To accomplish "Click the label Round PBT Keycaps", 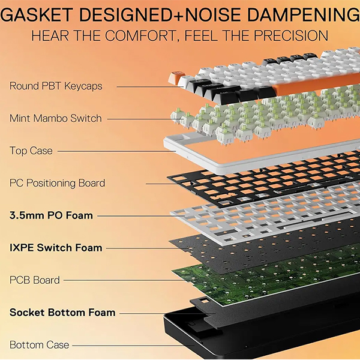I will [56, 86].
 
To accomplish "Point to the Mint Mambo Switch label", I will [56, 118].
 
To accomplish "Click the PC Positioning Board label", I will [57, 183].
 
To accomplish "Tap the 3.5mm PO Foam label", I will [51, 215].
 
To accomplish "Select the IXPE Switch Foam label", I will [56, 247].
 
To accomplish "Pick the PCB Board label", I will [35, 280].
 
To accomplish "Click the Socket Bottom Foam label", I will [62, 312].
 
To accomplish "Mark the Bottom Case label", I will [40, 345].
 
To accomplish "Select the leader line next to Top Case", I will [114, 151].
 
